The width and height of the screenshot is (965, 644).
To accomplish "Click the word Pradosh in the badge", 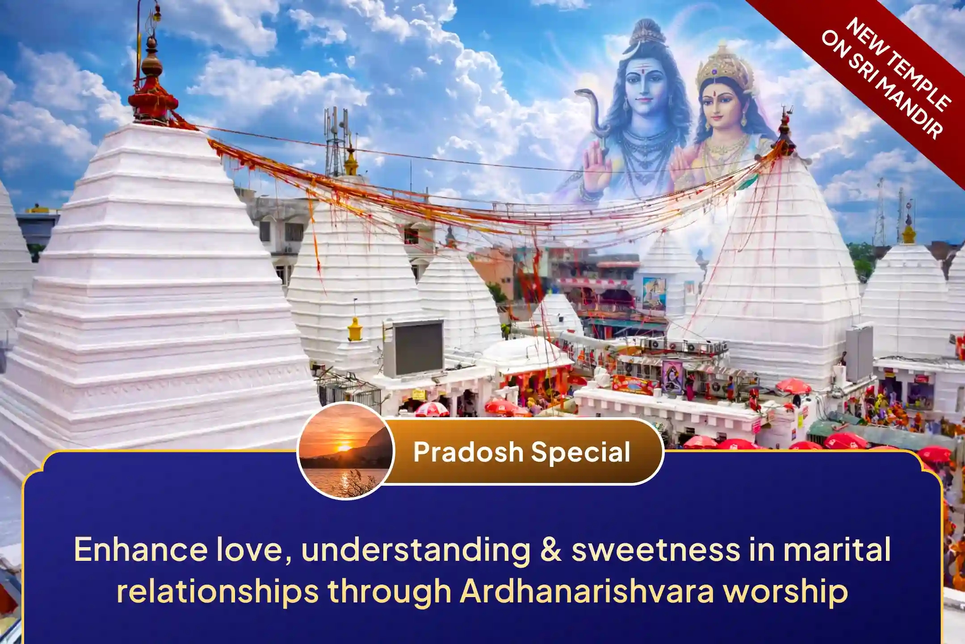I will click(x=468, y=452).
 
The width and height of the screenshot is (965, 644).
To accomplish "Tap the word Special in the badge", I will click(x=580, y=452).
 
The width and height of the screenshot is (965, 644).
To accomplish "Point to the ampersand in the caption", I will click(x=551, y=550).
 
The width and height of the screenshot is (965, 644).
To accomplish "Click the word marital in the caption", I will click(x=837, y=550).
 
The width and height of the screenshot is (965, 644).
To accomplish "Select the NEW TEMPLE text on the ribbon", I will click(x=898, y=63).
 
